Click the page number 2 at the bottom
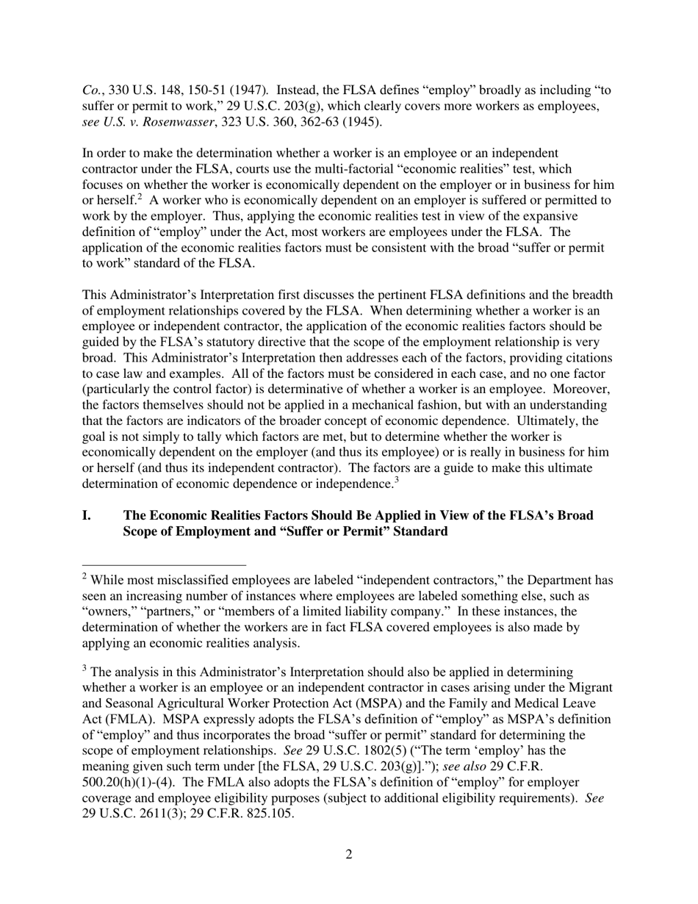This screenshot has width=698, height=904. click(348, 854)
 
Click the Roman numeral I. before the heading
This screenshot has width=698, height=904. click(87, 515)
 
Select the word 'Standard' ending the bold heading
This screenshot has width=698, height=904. click(421, 531)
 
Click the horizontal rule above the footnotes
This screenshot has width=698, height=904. click(163, 565)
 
